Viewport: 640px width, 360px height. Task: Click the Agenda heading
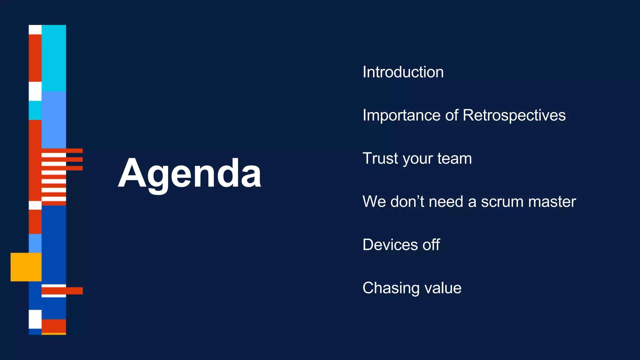click(189, 174)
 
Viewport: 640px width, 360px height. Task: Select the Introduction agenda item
click(403, 72)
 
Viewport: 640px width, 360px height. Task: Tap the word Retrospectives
click(514, 116)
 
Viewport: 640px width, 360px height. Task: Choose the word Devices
click(390, 245)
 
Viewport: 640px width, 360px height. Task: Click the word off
click(431, 245)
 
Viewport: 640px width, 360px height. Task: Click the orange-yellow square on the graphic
click(26, 267)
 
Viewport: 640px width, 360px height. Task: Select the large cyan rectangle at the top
click(54, 58)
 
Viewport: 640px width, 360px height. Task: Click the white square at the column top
click(35, 30)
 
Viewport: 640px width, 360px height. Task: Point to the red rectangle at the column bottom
click(54, 326)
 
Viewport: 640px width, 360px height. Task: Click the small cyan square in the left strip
click(35, 110)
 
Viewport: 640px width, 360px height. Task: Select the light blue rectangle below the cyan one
click(54, 119)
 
